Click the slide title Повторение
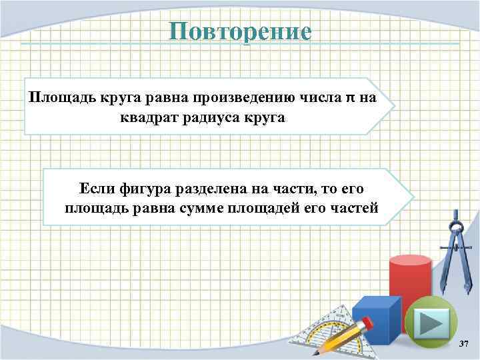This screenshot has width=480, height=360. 239,31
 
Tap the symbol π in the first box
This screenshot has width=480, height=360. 349,98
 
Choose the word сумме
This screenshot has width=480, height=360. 200,208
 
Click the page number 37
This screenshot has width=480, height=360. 464,343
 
